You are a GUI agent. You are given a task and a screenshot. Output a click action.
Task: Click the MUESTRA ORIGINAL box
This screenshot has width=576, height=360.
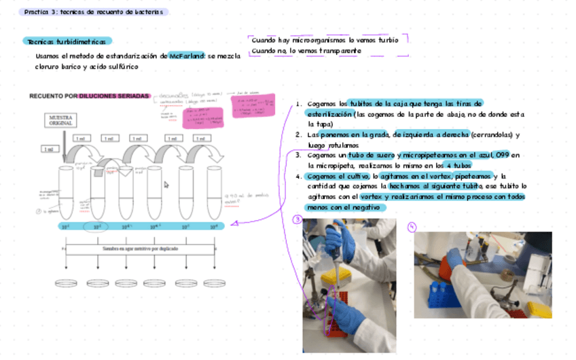tap(60, 121)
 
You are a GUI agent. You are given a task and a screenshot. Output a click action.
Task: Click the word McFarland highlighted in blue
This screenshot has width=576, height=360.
tap(187, 56)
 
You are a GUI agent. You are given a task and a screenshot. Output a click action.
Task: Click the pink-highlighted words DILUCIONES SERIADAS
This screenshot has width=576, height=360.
tap(113, 96)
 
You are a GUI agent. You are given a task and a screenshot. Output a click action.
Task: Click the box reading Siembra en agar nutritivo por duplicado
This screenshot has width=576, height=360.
tap(141, 249)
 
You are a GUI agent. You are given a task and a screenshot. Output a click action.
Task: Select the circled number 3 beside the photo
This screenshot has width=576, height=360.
tap(297, 219)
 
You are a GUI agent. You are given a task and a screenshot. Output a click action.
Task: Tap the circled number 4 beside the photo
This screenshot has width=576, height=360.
tap(412, 227)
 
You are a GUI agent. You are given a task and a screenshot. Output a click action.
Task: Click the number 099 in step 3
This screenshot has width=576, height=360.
tap(502, 155)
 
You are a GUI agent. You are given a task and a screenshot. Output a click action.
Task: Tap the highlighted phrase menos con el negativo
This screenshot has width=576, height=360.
tap(346, 207)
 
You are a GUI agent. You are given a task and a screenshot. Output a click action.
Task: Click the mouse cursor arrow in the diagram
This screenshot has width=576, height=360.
tap(166, 184)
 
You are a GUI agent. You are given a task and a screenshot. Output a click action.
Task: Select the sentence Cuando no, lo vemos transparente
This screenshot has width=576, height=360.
tap(306, 51)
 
